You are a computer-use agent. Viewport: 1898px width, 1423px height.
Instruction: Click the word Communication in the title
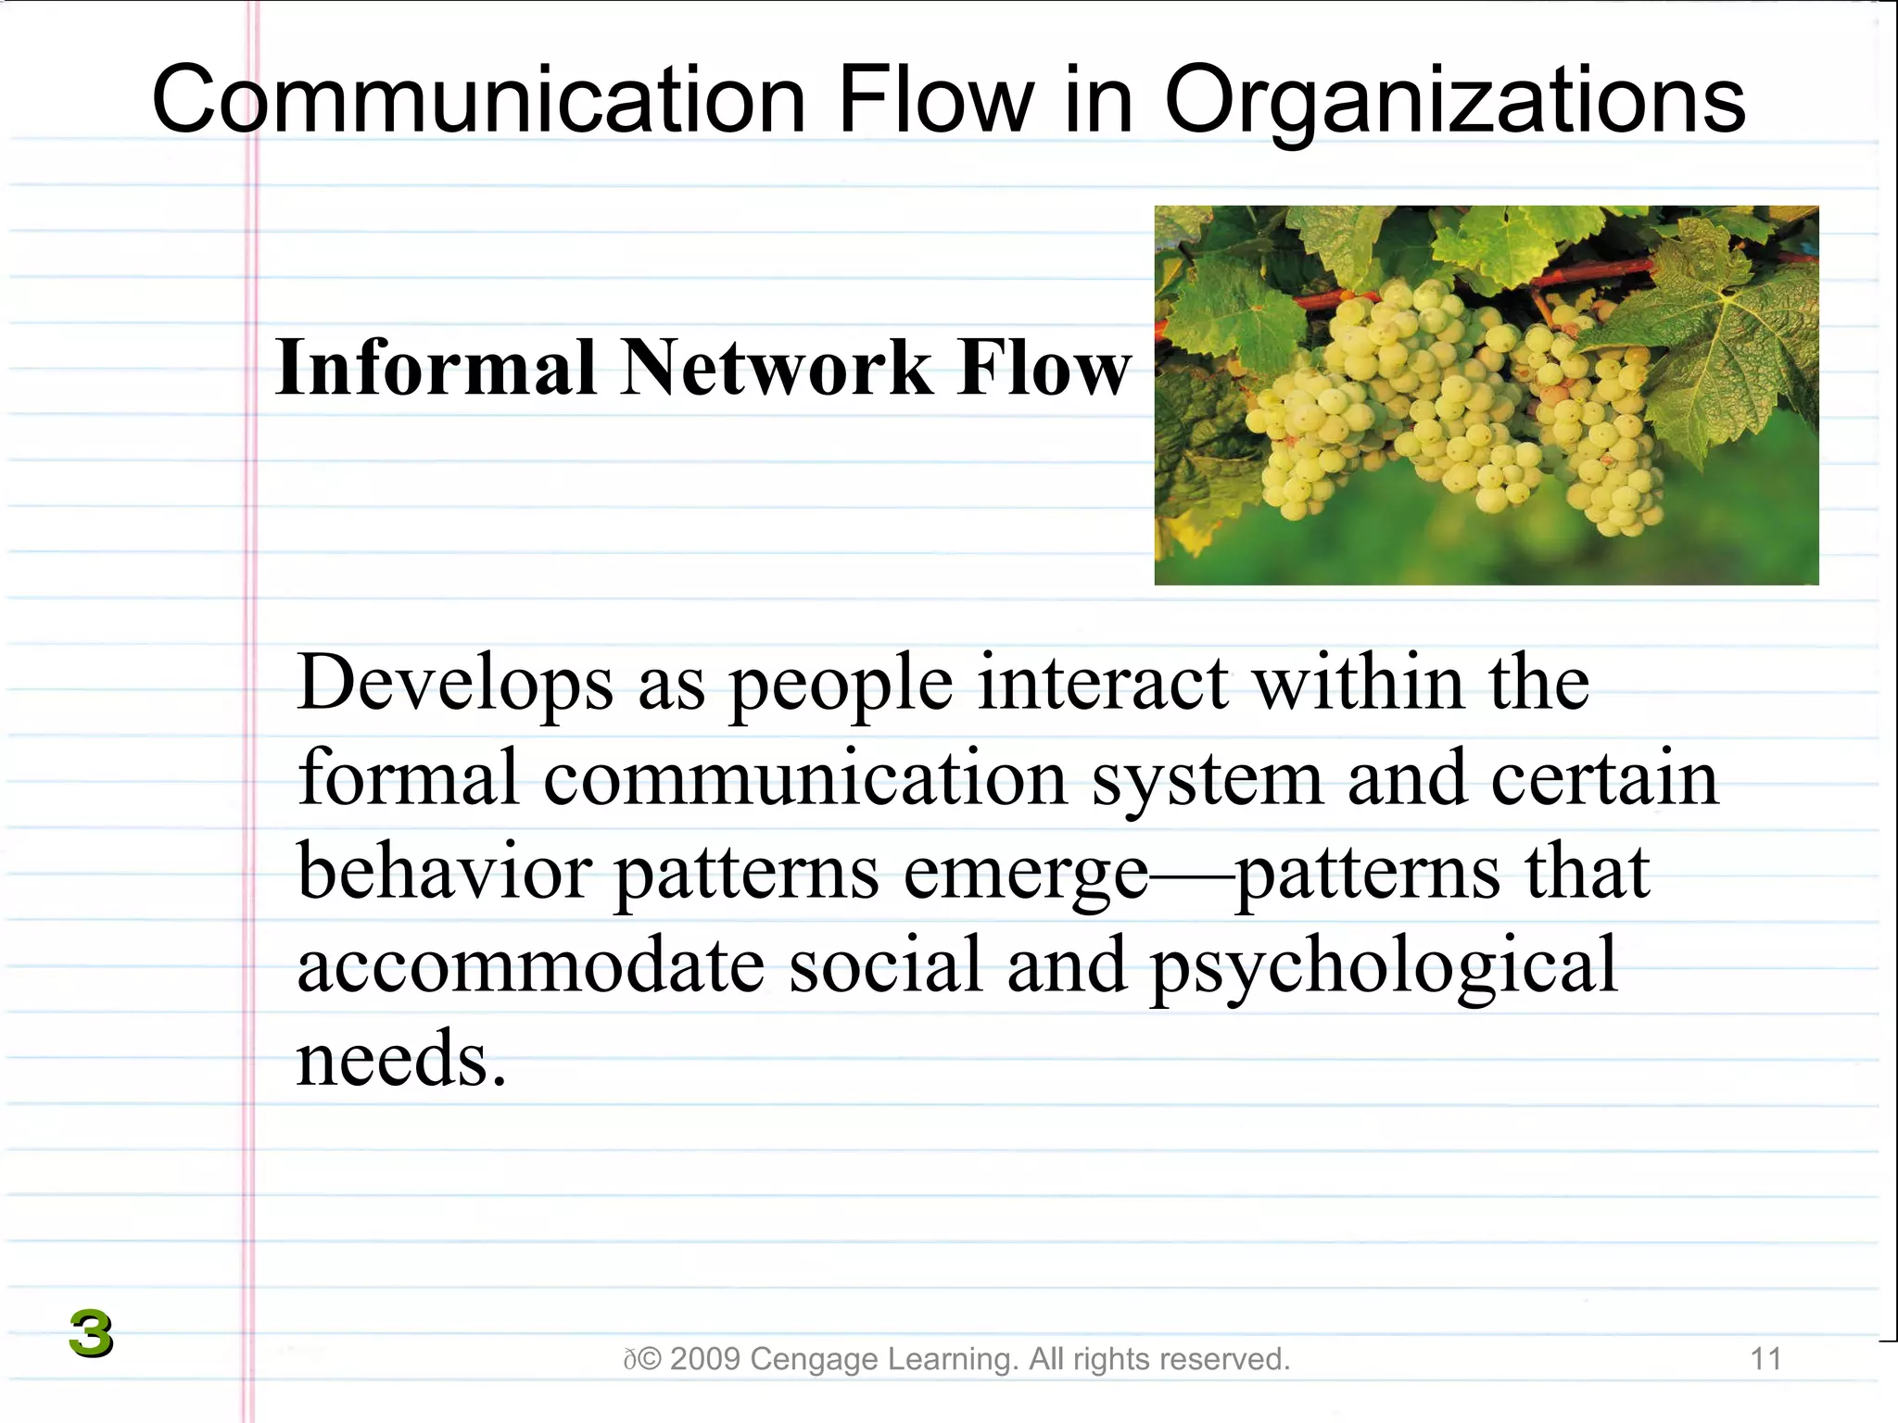(x=478, y=100)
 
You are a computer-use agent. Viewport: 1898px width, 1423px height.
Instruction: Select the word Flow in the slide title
(x=935, y=100)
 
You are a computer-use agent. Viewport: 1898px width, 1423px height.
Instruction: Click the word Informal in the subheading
(x=435, y=368)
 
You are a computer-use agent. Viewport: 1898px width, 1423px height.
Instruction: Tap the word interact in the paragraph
(x=1103, y=683)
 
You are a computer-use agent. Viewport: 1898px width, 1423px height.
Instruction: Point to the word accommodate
(x=530, y=966)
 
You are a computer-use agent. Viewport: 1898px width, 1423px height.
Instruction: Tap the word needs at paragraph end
(x=401, y=1060)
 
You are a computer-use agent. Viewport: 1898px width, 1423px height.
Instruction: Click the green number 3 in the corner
(x=91, y=1334)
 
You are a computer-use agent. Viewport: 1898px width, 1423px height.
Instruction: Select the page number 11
(x=1765, y=1359)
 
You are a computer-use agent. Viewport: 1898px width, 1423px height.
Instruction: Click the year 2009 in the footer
(x=704, y=1359)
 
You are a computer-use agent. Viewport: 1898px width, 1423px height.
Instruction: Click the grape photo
(x=1486, y=396)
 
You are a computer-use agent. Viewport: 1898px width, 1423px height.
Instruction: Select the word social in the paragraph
(x=884, y=966)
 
